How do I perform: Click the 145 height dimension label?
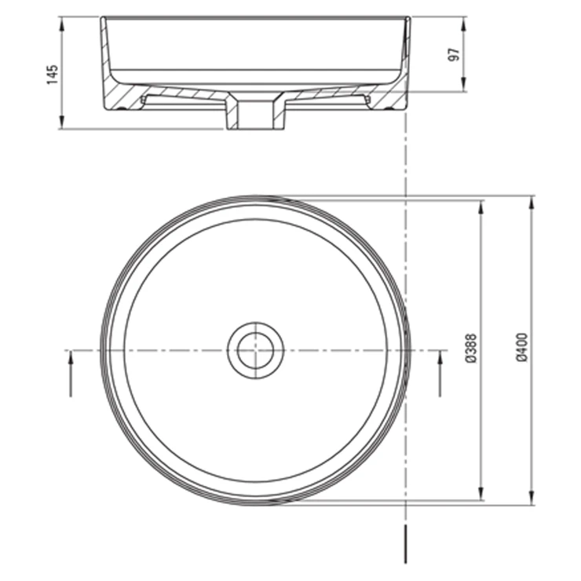pyautogui.click(x=53, y=75)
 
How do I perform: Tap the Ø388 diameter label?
pyautogui.click(x=471, y=349)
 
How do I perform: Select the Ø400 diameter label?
pyautogui.click(x=521, y=347)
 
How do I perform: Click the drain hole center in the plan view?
pyautogui.click(x=256, y=350)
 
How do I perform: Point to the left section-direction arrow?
pyautogui.click(x=71, y=373)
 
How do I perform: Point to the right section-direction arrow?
pyautogui.click(x=440, y=373)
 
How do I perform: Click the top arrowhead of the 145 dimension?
pyautogui.click(x=61, y=24)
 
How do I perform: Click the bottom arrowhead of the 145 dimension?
pyautogui.click(x=61, y=122)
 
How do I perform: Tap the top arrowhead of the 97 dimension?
pyautogui.click(x=463, y=24)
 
